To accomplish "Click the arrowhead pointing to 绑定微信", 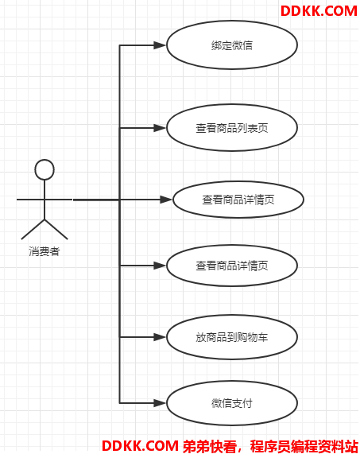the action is pyautogui.click(x=160, y=45).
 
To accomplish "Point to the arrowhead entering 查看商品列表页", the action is pyautogui.click(x=160, y=128).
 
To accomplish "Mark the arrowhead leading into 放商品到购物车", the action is pyautogui.click(x=160, y=337).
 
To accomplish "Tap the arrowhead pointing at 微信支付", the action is pyautogui.click(x=160, y=403).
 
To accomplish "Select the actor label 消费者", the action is pyautogui.click(x=45, y=251).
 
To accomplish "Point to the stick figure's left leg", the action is pyautogui.click(x=33, y=230).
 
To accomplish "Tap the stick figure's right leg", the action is pyautogui.click(x=56, y=230).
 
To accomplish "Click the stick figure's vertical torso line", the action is pyautogui.click(x=45, y=200).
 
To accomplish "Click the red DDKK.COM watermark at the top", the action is pyautogui.click(x=319, y=11).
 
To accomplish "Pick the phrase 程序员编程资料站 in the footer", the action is pyautogui.click(x=304, y=446).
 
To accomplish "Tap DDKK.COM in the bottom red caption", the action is pyautogui.click(x=141, y=446).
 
